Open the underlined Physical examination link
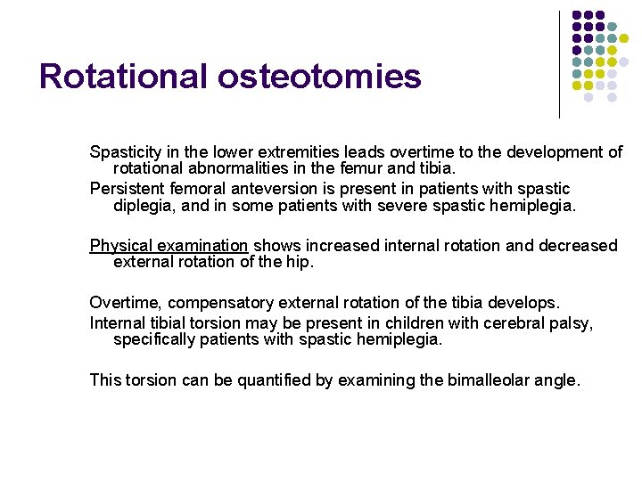pos(169,245)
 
